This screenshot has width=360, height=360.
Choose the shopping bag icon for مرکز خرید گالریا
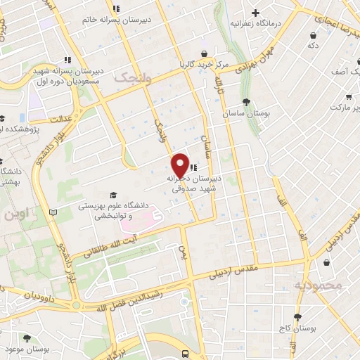pyautogui.click(x=204, y=53)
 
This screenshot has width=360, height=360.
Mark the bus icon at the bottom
pyautogui.click(x=185, y=354)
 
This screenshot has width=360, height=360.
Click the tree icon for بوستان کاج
pyautogui.click(x=297, y=317)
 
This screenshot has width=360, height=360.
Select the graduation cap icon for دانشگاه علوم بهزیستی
pyautogui.click(x=112, y=195)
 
